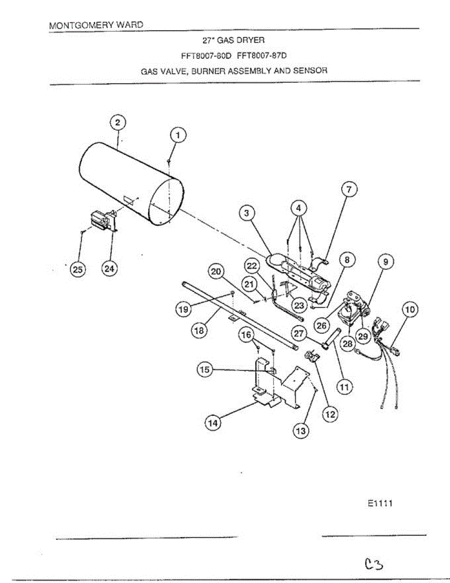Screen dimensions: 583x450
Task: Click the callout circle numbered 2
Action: (118, 122)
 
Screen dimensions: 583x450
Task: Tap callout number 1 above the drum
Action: (178, 136)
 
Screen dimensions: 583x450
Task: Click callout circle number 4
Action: (299, 208)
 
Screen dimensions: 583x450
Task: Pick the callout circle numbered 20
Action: (216, 272)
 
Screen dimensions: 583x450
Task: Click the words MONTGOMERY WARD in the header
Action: (96, 25)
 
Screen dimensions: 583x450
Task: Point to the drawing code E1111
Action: (380, 504)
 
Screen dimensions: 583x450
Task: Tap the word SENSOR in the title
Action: (311, 70)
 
